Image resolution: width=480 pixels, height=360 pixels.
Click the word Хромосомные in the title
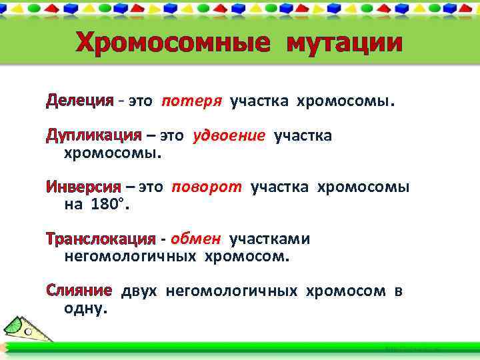173,43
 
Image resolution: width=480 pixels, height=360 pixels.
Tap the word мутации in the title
345,43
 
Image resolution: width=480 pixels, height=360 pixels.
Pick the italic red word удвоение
229,137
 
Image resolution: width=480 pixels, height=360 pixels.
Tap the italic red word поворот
207,187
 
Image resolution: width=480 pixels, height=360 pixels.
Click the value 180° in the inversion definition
106,205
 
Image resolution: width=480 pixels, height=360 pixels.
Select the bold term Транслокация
100,239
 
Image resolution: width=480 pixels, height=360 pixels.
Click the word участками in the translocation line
269,239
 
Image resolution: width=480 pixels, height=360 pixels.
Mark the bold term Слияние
78,291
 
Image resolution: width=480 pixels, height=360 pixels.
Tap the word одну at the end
85,309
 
